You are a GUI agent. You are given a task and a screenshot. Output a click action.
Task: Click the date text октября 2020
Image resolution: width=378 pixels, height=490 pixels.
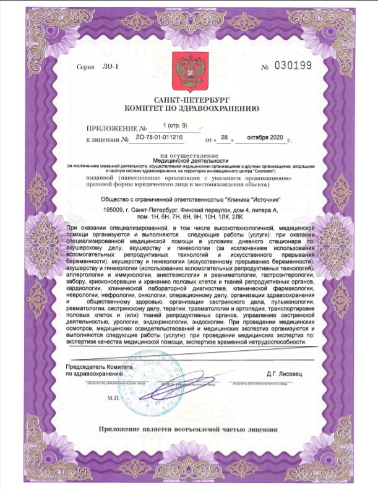(x=267, y=137)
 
